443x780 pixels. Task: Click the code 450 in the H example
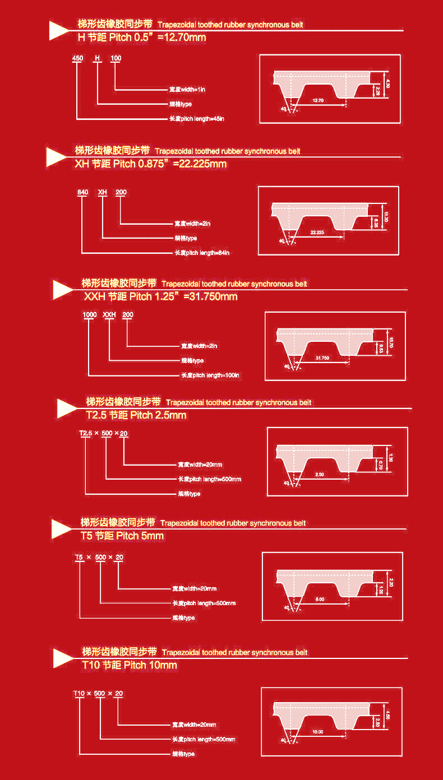(78, 58)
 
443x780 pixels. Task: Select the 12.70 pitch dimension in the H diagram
(317, 100)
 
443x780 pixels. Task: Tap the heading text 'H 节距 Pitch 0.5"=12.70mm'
(141, 38)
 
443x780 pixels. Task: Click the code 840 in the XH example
(82, 192)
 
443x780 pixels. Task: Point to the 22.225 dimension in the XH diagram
(317, 232)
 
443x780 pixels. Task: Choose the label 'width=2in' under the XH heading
(192, 224)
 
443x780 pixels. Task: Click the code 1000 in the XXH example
(90, 315)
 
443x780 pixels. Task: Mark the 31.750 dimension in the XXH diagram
(322, 357)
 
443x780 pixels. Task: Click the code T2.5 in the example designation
(85, 433)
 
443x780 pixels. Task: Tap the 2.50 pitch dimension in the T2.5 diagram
(320, 475)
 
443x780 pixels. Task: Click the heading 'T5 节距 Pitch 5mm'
(122, 536)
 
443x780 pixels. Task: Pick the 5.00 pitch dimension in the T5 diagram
(320, 600)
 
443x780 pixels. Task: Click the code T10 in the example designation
(79, 693)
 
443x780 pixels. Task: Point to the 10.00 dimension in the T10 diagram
(318, 732)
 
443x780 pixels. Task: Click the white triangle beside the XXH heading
(62, 289)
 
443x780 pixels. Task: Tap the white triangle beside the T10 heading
(63, 658)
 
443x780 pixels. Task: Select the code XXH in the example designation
(109, 315)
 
